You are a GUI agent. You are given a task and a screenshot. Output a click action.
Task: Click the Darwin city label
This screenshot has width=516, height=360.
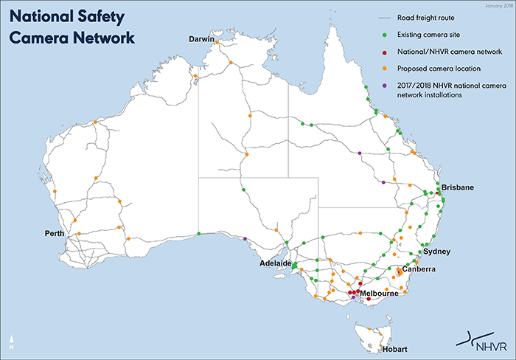coord(201,38)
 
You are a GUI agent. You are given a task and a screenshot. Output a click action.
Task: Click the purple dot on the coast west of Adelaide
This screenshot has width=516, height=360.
coord(245,238)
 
